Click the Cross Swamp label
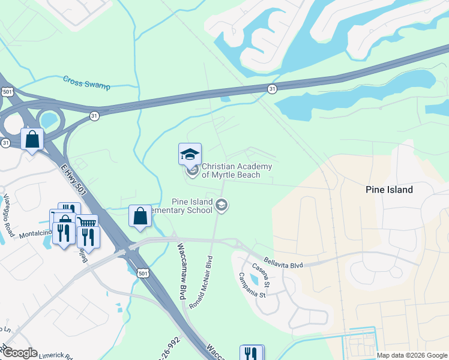coord(86,82)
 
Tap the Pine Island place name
coord(389,190)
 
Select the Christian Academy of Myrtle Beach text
coord(237,170)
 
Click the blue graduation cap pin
coord(190,155)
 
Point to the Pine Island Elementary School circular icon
coord(221,206)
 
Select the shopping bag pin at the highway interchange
coord(32,139)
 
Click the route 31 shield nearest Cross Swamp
coord(94,116)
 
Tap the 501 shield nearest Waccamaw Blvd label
coord(142,273)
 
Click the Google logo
coord(19,353)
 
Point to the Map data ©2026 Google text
coord(412,355)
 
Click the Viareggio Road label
coord(8,208)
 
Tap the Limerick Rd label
coord(55,355)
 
